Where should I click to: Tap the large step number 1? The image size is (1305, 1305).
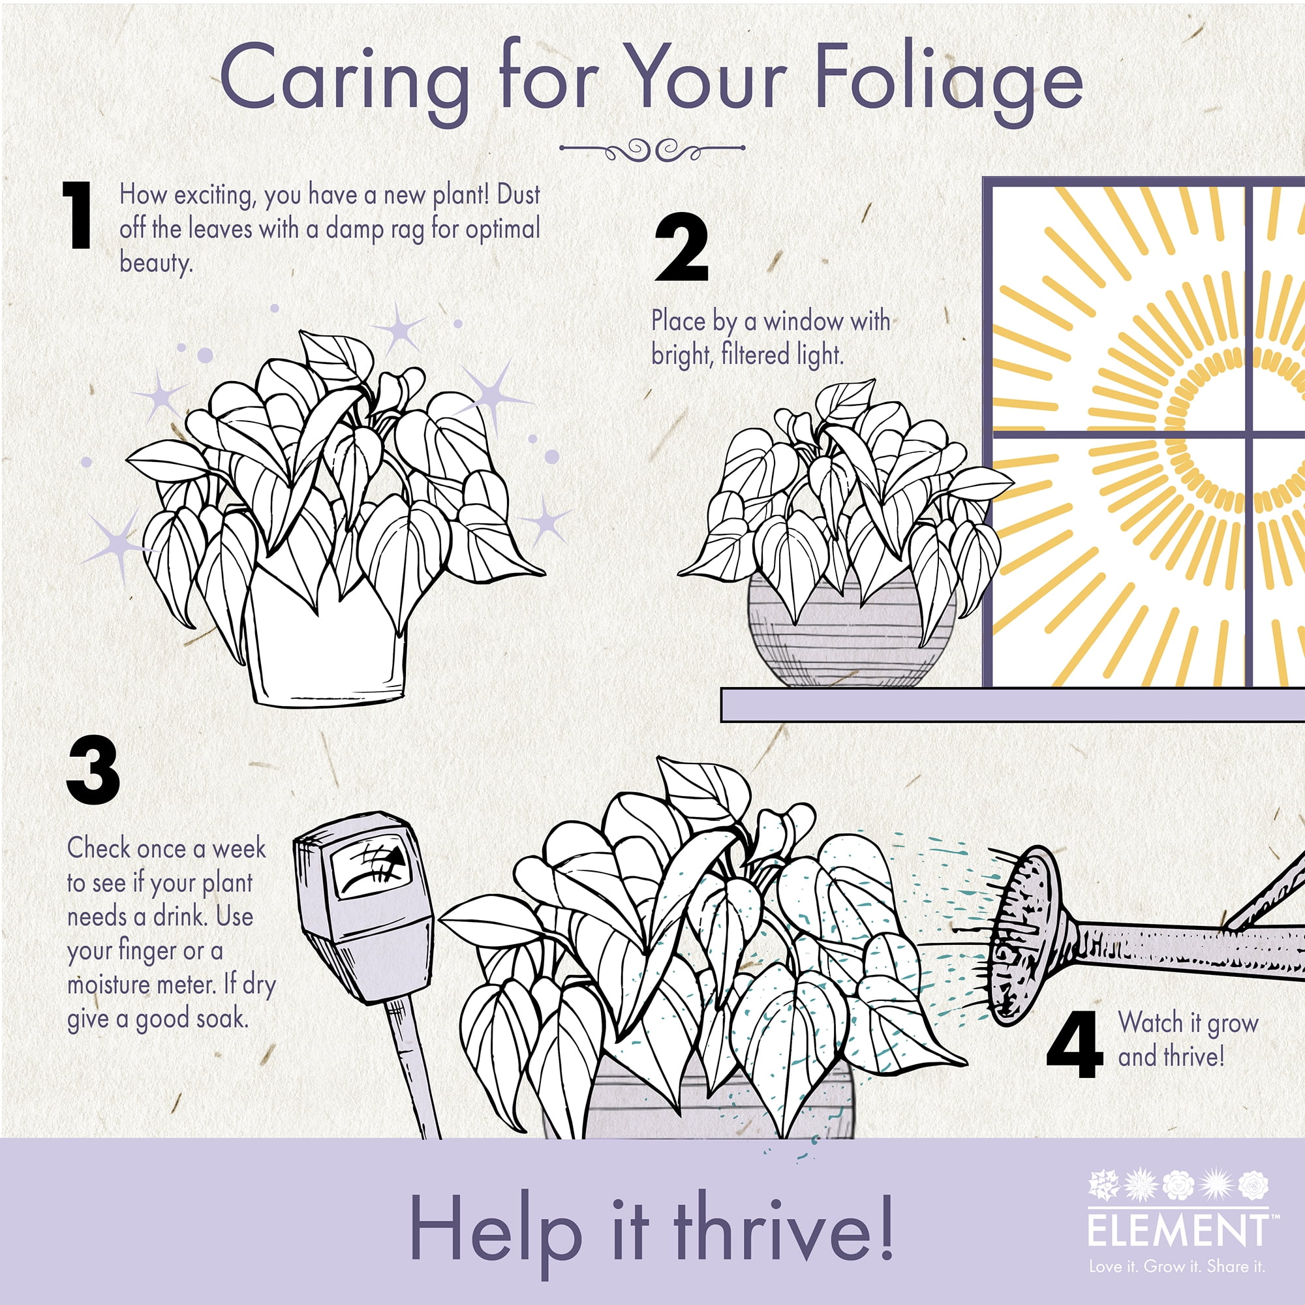[78, 215]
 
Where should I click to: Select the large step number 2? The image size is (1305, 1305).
[682, 247]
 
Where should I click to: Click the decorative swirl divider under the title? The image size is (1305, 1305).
[652, 149]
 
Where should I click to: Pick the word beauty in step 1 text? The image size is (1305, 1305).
[156, 263]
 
